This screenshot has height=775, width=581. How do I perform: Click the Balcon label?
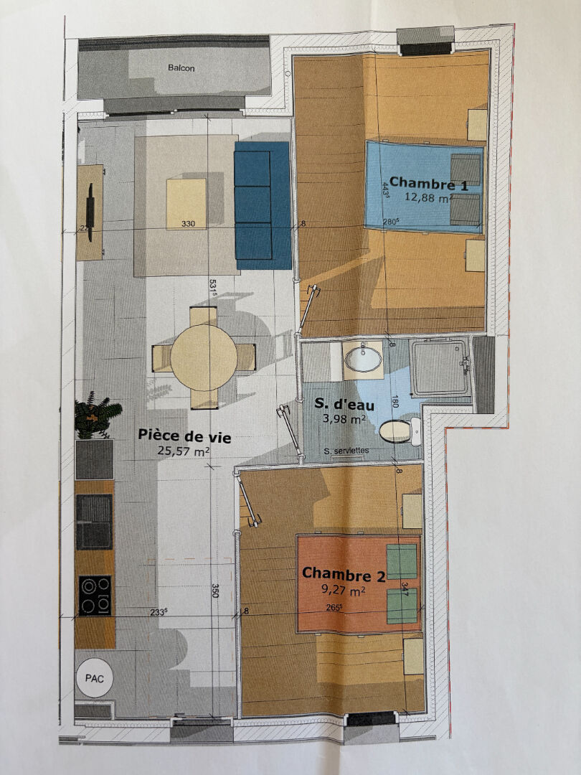[x=181, y=68]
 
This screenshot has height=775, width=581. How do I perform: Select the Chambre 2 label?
[x=344, y=574]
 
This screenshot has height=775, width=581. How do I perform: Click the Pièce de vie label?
[x=184, y=436]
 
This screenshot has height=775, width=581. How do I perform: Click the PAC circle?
[x=95, y=678]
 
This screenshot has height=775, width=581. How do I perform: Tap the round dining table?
[x=204, y=358]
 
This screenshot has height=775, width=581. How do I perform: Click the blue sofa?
[x=262, y=206]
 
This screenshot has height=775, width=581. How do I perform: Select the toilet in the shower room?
[x=400, y=431]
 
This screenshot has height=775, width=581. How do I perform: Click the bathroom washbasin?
[x=363, y=360]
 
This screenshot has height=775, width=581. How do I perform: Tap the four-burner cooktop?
[x=95, y=595]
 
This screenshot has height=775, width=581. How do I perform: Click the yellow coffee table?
[x=186, y=204]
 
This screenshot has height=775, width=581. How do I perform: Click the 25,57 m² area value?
[x=184, y=451]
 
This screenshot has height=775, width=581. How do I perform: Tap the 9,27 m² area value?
[x=344, y=590]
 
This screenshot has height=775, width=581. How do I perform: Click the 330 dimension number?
[x=188, y=224]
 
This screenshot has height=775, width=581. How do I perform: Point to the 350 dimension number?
[x=215, y=591]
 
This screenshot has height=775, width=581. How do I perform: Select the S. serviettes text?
[x=346, y=451]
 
